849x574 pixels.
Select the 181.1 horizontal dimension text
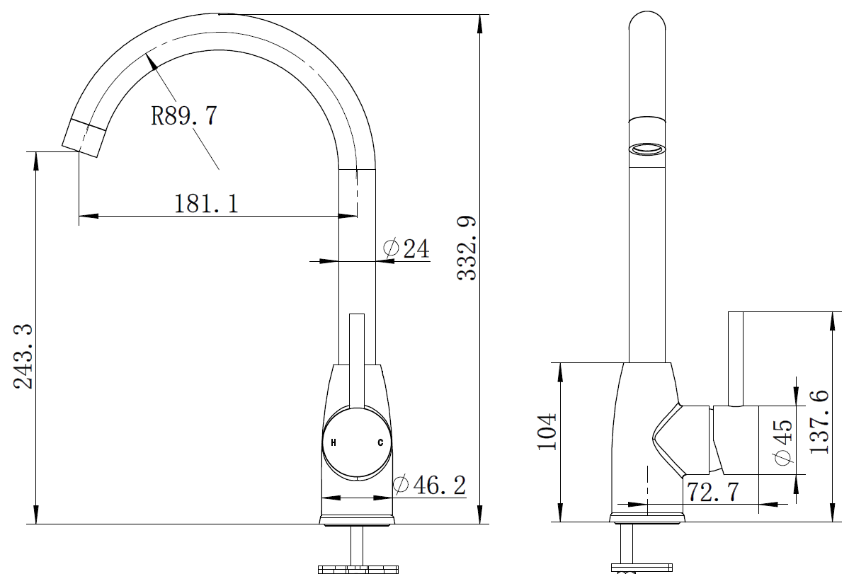pyautogui.click(x=206, y=204)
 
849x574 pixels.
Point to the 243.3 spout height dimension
pyautogui.click(x=23, y=356)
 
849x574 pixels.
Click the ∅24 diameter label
pyautogui.click(x=406, y=248)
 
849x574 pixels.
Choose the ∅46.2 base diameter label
pyautogui.click(x=429, y=486)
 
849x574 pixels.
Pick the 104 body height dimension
pyautogui.click(x=547, y=432)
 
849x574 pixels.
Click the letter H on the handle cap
pyautogui.click(x=334, y=443)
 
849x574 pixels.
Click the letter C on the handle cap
pyautogui.click(x=380, y=443)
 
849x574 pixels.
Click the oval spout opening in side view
pyautogui.click(x=648, y=149)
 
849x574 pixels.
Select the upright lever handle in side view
pyautogui.click(x=736, y=357)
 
